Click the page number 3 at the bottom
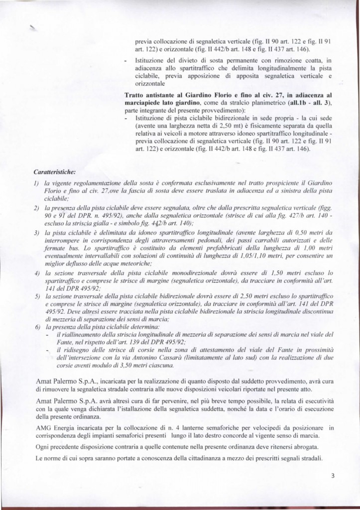click(333, 476)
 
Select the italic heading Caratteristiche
click(54, 172)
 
